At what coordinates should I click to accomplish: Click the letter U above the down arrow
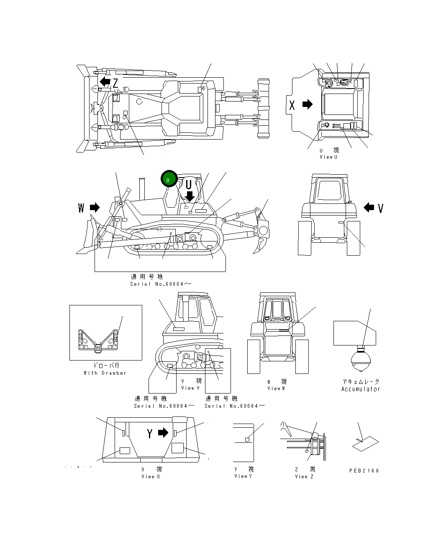[x=189, y=184]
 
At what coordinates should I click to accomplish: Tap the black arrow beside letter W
[x=95, y=207]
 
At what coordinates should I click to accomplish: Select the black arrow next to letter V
[x=369, y=207]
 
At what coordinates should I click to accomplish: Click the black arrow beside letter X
[x=308, y=104]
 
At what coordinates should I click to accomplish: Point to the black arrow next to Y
[x=163, y=433]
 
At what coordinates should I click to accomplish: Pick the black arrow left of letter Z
[x=105, y=81]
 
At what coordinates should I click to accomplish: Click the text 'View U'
[x=328, y=157]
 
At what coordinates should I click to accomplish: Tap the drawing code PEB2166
[x=364, y=471]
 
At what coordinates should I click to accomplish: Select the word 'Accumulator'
[x=360, y=389]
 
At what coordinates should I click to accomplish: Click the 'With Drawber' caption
[x=105, y=373]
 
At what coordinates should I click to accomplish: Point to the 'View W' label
[x=276, y=389]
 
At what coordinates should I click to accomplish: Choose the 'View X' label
[x=151, y=477]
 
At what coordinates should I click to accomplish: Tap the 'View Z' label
[x=304, y=477]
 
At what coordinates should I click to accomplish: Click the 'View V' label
[x=190, y=388]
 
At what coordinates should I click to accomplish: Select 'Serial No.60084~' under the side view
[x=161, y=284]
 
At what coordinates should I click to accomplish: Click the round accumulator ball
[x=360, y=361]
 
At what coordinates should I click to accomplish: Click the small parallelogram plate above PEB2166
[x=365, y=444]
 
